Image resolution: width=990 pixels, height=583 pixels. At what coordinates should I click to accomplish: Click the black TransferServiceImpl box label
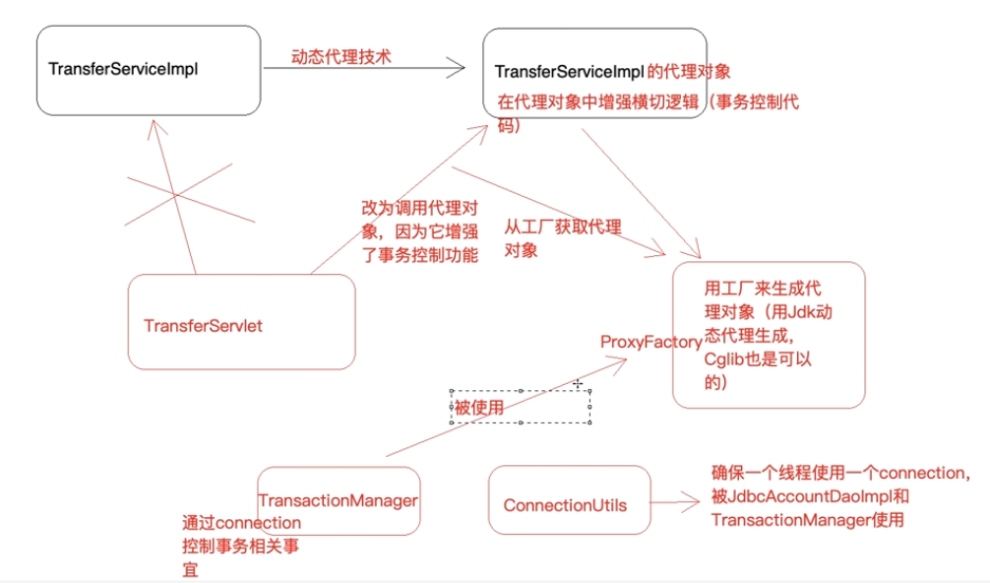click(124, 70)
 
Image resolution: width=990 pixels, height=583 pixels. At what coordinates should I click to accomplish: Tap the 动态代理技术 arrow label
click(340, 57)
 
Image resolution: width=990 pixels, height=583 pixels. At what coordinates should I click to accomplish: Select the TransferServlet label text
click(203, 325)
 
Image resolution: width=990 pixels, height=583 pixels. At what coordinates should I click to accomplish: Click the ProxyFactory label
click(650, 342)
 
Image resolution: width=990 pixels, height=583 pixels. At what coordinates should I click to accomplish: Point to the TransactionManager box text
click(338, 500)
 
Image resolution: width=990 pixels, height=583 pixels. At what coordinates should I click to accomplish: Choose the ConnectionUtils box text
click(565, 505)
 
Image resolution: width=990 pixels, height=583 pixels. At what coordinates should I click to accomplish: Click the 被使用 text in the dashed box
click(478, 406)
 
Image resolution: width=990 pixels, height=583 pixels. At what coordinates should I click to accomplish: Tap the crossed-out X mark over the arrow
click(176, 196)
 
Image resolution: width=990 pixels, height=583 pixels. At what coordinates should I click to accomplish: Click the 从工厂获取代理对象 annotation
click(562, 237)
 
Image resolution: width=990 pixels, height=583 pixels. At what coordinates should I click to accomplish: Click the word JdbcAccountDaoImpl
click(802, 496)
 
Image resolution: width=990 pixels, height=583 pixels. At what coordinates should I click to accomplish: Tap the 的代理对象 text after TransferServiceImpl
click(689, 72)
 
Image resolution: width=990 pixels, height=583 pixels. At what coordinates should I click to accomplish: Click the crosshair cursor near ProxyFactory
click(578, 382)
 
